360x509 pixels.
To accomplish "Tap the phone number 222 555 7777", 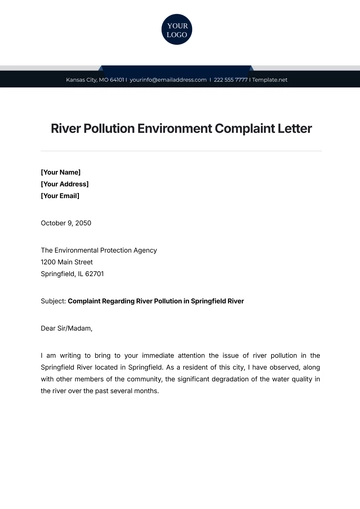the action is (x=231, y=79).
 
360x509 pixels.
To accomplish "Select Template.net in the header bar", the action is (x=270, y=79).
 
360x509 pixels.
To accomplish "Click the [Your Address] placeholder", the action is (x=65, y=184).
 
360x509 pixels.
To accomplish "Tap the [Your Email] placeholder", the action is (x=62, y=197).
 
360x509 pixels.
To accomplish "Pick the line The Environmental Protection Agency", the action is (x=98, y=249).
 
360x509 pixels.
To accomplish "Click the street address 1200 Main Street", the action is (x=69, y=261).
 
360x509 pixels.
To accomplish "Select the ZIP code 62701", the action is (x=93, y=273).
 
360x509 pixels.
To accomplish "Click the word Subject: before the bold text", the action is (x=54, y=300).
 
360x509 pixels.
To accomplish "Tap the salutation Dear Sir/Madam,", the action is (x=67, y=326).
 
